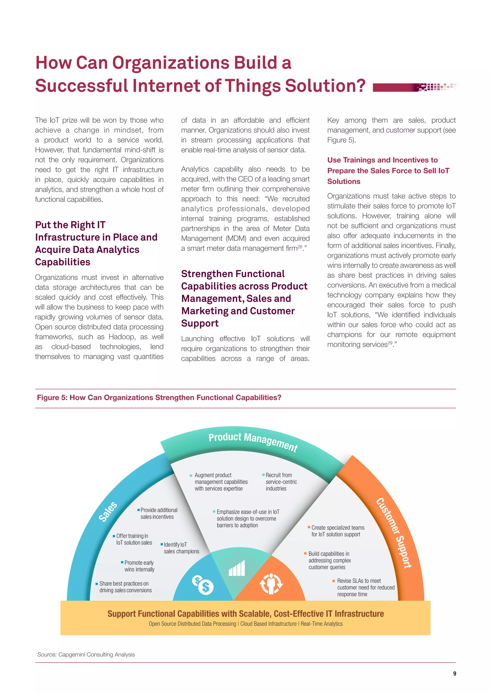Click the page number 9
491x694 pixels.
[454, 673]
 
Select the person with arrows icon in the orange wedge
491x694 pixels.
[271, 583]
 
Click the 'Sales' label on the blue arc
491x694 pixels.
[108, 511]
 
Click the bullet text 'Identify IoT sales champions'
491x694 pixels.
[181, 548]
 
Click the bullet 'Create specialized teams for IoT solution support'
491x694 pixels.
[338, 531]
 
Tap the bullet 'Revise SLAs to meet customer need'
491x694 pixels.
[366, 587]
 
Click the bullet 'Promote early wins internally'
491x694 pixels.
[139, 566]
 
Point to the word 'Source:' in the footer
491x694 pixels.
[47, 654]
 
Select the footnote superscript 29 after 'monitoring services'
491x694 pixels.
[390, 343]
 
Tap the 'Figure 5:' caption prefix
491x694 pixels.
[52, 398]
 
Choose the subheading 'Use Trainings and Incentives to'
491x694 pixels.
[382, 160]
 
